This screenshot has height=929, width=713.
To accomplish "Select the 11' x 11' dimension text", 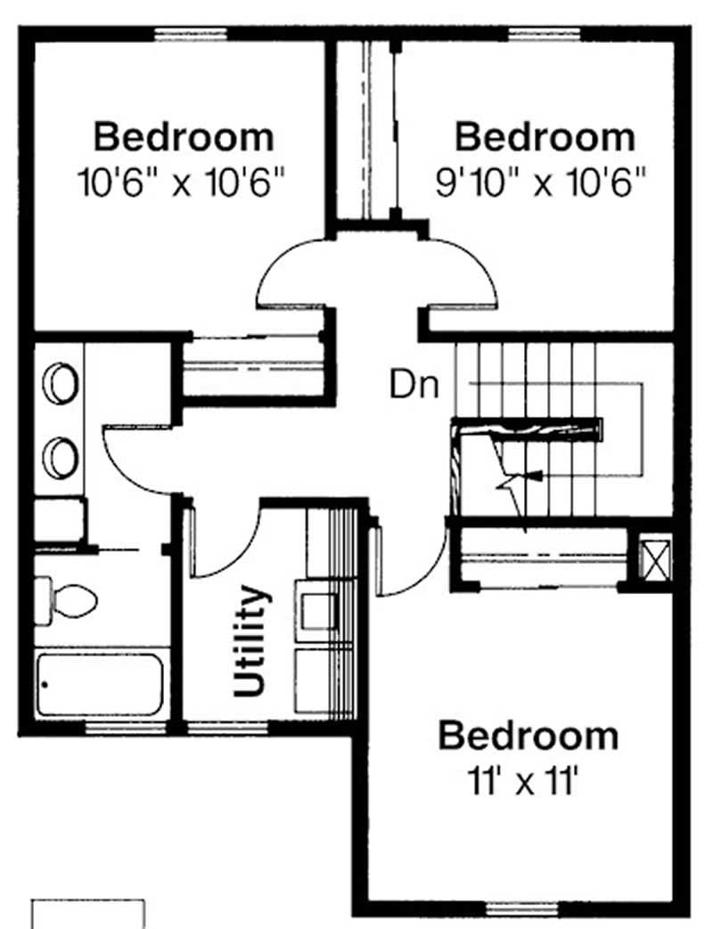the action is [x=523, y=781].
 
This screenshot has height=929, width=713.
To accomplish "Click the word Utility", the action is [x=250, y=640].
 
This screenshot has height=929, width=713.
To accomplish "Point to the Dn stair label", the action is [x=414, y=384].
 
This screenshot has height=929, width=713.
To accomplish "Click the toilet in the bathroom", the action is [x=65, y=600].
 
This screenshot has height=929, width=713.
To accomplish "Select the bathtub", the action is [x=100, y=684].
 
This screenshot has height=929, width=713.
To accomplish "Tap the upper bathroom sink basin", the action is [x=60, y=383].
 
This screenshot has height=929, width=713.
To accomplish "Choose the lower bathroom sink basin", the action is [x=60, y=458].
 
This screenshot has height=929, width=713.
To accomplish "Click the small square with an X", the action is [x=655, y=558].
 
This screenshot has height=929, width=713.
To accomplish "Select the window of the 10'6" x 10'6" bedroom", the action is [x=191, y=35].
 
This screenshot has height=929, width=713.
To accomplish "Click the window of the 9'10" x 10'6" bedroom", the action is [x=545, y=35].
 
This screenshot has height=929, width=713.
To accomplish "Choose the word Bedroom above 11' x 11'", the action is [x=529, y=736].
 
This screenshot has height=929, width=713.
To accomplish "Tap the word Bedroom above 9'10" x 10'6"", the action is [x=545, y=136].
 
